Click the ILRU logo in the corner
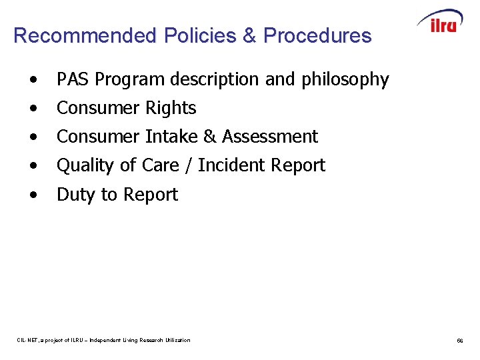pos(440,21)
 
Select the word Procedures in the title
pos(317,35)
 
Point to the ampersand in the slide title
pos(249,35)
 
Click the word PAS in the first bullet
pos(73,79)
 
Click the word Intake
pos(171,137)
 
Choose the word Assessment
pos(270,137)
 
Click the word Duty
pos(75,195)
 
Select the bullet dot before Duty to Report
pos(33,195)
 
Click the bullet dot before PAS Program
pos(33,80)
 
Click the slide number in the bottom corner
pos(460,341)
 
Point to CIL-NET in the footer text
pos(29,340)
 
